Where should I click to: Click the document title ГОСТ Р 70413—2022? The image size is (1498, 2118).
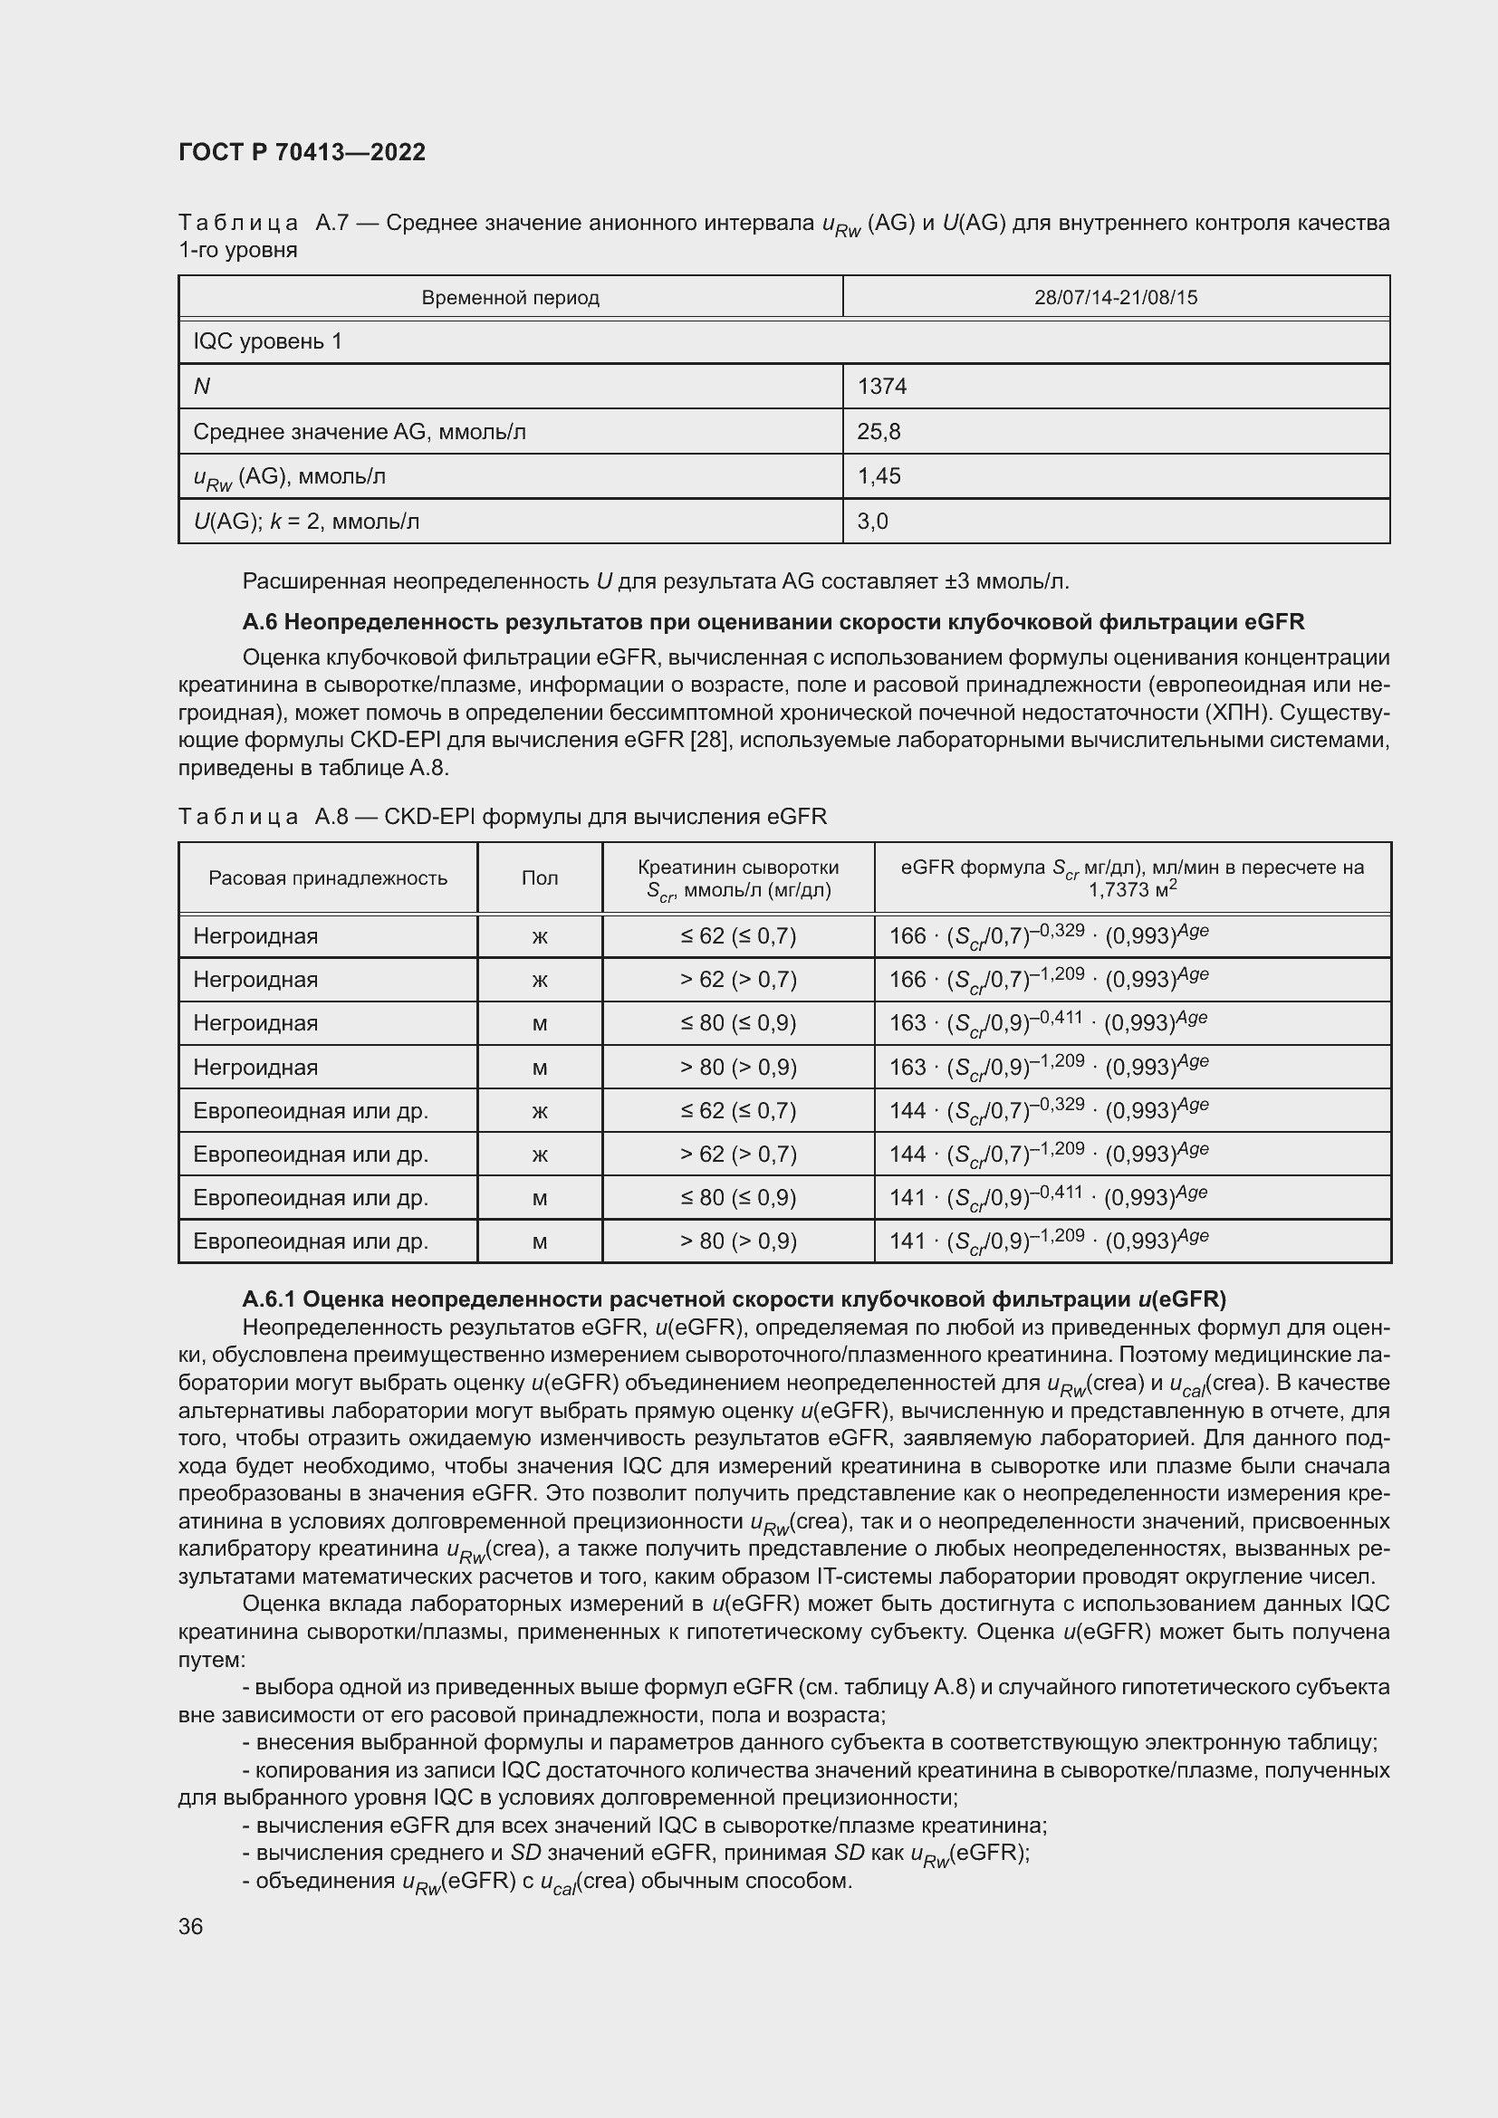(302, 152)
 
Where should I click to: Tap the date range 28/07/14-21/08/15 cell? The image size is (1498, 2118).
(1115, 298)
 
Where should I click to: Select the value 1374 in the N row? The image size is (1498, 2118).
(882, 387)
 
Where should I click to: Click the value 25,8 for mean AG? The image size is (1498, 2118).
(879, 432)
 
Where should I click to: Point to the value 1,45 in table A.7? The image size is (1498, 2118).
(879, 476)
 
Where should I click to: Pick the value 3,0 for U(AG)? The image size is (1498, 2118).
(871, 522)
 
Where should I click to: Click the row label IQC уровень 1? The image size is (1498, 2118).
(267, 341)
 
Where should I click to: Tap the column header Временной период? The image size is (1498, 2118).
(510, 298)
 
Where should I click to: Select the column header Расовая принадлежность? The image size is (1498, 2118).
(328, 878)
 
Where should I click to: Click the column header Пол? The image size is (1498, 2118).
(540, 878)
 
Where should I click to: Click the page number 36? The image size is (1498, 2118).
(191, 1926)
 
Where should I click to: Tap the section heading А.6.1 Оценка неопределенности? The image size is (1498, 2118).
(734, 1299)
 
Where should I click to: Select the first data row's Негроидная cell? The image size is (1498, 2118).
(255, 936)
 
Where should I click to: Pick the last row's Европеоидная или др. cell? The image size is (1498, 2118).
(311, 1241)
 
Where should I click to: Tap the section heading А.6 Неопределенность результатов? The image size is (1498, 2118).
(773, 622)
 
